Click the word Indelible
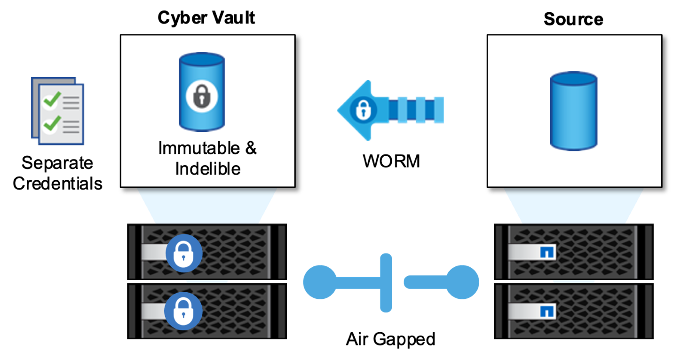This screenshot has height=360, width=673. click(208, 168)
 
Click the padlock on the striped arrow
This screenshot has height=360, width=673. click(362, 110)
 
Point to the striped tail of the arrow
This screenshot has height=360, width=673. click(419, 110)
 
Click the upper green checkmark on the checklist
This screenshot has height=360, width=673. click(52, 100)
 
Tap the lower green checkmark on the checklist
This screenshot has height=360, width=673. click(52, 124)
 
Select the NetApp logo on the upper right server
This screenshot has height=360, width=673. click(547, 253)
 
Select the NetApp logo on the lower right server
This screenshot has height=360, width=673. click(547, 311)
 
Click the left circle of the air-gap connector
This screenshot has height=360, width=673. click(320, 282)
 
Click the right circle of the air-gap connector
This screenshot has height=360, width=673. click(463, 282)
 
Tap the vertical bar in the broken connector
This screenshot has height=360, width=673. click(386, 282)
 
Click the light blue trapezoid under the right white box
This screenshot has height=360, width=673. click(574, 205)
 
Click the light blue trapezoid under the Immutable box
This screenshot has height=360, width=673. click(207, 205)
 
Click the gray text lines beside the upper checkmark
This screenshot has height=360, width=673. click(71, 102)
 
